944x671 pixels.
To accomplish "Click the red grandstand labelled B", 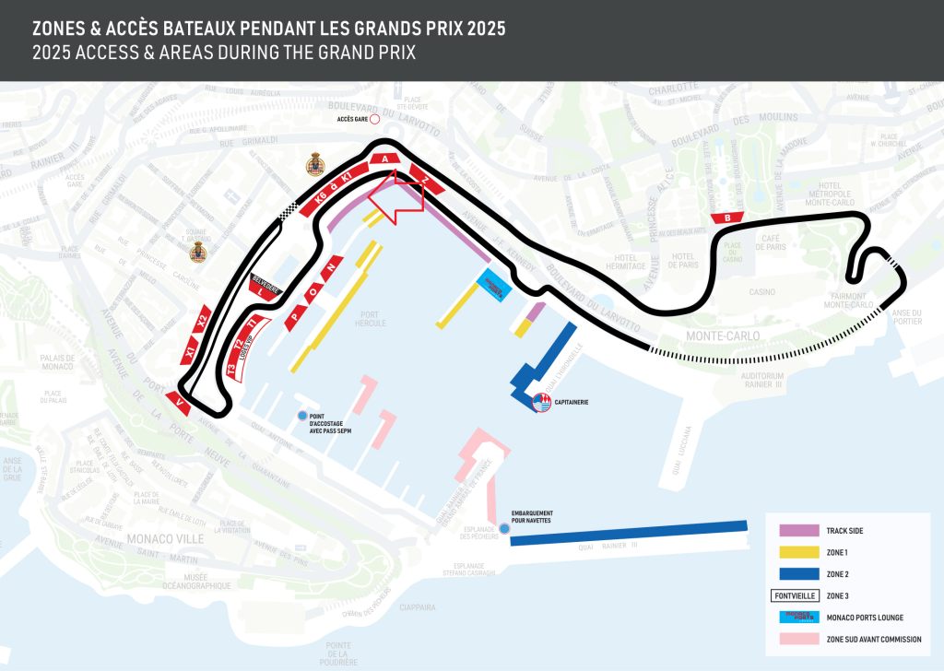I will (x=727, y=218).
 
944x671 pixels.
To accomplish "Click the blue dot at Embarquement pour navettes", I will (x=503, y=529).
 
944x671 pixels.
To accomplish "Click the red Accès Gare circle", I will (x=374, y=119).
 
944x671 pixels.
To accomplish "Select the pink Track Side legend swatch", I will (x=798, y=531).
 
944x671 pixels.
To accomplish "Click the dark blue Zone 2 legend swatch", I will (x=798, y=574).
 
